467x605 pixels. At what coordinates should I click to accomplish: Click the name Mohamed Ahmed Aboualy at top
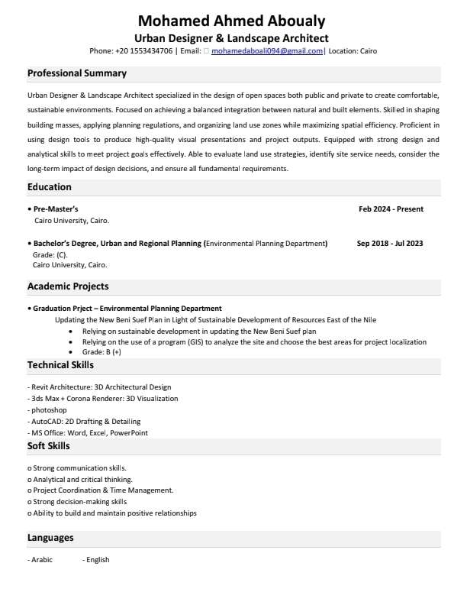pos(232,21)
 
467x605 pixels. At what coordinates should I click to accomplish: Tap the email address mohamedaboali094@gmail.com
pos(267,51)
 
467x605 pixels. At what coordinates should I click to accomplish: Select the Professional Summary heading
pos(77,73)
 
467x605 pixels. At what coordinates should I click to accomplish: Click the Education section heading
pos(50,187)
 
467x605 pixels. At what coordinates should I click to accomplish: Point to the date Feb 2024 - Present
pos(391,209)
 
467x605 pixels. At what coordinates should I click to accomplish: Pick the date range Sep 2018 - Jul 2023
pos(390,244)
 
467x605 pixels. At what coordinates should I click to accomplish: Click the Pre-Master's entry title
pos(56,209)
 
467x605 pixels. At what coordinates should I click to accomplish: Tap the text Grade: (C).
pos(50,254)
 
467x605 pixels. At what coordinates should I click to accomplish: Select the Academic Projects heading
pos(68,286)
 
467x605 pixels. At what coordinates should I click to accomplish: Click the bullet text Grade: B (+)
pos(101,352)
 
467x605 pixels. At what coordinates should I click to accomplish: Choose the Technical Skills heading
pos(61,366)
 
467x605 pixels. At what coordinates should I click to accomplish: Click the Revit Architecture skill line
pos(100,387)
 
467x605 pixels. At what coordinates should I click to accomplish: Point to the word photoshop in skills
pos(50,410)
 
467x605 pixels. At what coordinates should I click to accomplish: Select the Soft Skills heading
pos(49,446)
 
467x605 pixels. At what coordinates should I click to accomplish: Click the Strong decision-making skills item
pos(79,502)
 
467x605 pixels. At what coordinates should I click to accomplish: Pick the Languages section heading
pos(50,538)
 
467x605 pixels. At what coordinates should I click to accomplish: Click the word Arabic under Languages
pos(41,560)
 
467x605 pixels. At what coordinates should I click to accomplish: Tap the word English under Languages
pos(98,560)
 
